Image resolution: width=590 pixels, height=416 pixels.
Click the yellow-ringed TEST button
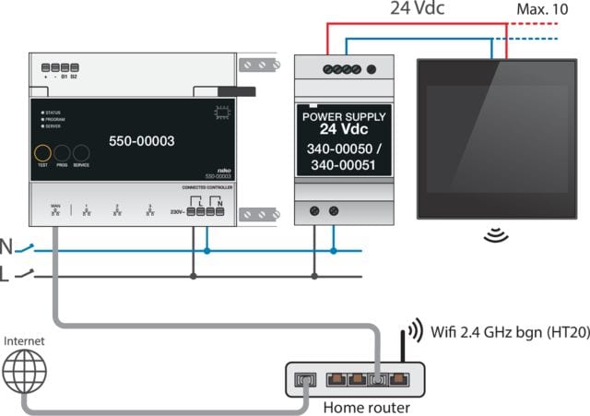tap(42, 153)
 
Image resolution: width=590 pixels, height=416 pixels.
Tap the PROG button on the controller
tap(63, 153)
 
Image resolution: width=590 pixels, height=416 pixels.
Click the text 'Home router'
tap(368, 406)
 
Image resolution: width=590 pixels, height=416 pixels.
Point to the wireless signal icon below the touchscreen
tap(496, 235)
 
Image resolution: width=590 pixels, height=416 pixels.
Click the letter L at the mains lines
tap(7, 275)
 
